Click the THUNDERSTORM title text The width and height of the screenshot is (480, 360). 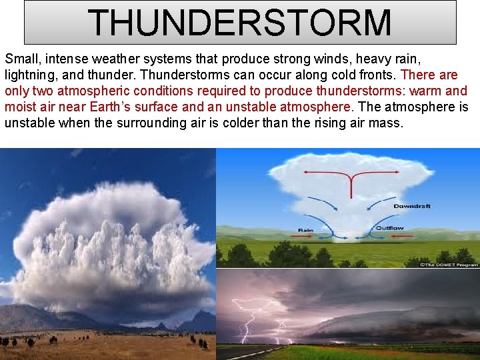tap(240, 23)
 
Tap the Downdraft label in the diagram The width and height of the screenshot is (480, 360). tap(411, 207)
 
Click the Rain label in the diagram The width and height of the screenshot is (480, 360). tap(306, 230)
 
